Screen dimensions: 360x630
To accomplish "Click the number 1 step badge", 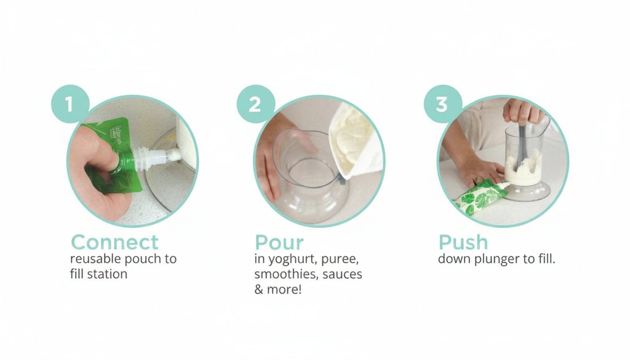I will click(70, 104).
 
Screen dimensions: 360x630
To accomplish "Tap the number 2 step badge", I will click(255, 104).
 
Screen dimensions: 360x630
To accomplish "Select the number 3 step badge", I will click(442, 104).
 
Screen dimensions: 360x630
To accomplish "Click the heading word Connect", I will click(114, 242).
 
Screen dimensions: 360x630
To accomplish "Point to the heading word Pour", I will click(279, 242).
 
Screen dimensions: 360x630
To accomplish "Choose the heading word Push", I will click(463, 242).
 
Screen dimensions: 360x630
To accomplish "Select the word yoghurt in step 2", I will click(291, 259).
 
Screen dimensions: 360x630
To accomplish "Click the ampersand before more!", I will click(258, 289).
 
